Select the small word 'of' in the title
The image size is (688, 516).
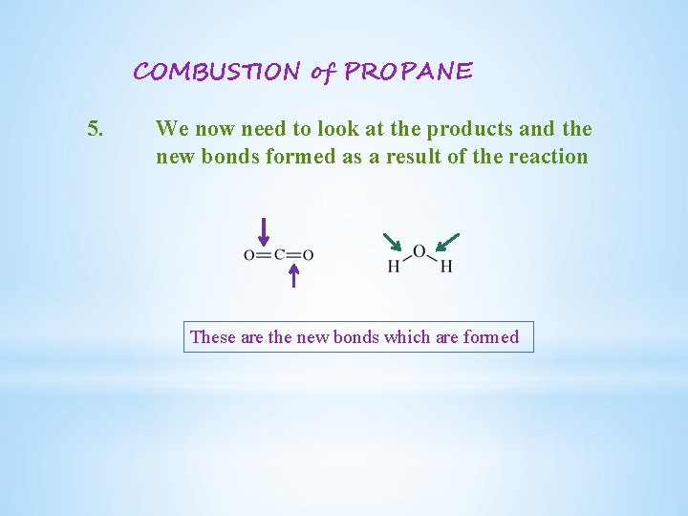point(320,72)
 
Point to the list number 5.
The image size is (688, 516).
point(95,128)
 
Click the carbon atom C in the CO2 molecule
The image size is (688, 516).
point(279,255)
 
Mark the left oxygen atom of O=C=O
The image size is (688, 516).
point(249,255)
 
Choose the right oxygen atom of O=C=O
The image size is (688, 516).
point(308,255)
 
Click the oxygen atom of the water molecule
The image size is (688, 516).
point(419,251)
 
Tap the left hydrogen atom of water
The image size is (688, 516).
point(394,267)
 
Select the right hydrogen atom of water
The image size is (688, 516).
point(445,267)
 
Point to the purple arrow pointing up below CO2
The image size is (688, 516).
point(294,275)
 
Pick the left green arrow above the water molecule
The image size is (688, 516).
point(392,241)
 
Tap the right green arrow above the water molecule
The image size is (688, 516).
point(446,241)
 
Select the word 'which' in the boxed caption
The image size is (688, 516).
point(406,336)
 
